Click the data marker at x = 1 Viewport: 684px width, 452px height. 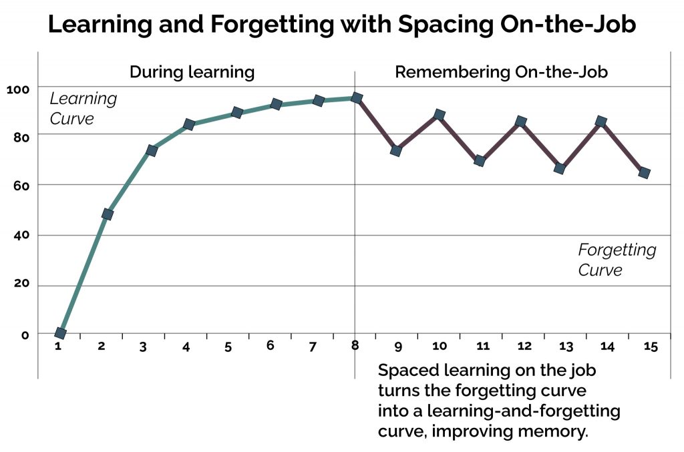point(60,333)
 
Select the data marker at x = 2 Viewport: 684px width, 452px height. point(107,214)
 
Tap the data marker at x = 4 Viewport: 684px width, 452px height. point(188,125)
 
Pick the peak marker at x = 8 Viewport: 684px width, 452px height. point(357,98)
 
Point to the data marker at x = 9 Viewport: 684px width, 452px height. point(396,150)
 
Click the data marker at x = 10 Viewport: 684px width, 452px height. point(439,115)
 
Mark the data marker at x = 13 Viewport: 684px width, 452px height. point(560,168)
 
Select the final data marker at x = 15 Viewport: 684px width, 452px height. point(644,173)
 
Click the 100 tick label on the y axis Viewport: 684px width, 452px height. point(19,89)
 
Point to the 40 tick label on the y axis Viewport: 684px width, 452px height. point(21,236)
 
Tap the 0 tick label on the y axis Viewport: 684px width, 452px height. point(25,334)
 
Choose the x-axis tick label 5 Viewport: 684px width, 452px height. point(227,347)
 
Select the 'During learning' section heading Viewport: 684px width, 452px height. point(192,72)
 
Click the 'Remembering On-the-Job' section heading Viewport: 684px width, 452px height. point(501,72)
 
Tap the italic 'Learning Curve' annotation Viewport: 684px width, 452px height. point(83,109)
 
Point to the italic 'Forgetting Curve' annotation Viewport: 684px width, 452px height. point(617,260)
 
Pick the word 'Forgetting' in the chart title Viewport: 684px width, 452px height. point(259,25)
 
